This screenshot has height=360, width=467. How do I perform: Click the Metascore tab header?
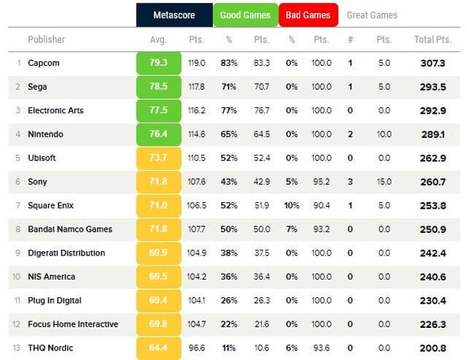coord(174,15)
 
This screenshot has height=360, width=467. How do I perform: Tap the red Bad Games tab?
coord(307,15)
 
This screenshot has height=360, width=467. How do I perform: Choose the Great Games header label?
coord(372,15)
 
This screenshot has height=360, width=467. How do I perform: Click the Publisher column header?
coord(46,39)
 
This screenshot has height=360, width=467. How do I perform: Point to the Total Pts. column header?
coord(433,39)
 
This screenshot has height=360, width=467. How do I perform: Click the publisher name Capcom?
coord(43,64)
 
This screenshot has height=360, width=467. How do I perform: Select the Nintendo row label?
coord(45,134)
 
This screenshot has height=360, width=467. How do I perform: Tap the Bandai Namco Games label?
coord(70,229)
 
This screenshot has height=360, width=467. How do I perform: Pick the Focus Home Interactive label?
coord(73,324)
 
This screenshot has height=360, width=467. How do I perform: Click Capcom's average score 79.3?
coord(158,64)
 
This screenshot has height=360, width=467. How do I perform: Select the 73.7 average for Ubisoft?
coord(158,158)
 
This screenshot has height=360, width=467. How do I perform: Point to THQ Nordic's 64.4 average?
coord(158,348)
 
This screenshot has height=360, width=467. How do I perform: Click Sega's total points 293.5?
coord(433,87)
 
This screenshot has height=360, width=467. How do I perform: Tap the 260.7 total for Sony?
coord(433,182)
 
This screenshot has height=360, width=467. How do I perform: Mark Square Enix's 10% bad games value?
coord(292,206)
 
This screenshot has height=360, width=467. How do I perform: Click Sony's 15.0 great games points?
coord(384,182)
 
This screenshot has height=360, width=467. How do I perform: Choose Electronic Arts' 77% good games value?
coord(229,111)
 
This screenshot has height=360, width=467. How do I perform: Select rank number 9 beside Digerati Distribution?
coord(18,253)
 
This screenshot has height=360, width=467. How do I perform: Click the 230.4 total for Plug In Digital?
coord(433,301)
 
